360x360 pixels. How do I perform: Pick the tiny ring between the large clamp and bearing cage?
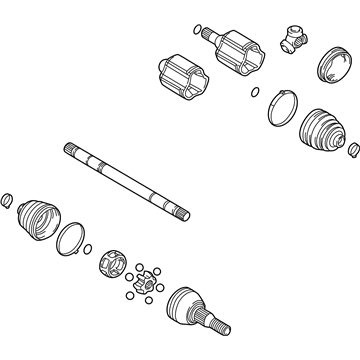pyautogui.click(x=90, y=250)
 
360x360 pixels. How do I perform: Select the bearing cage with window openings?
pyautogui.click(x=112, y=267)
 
